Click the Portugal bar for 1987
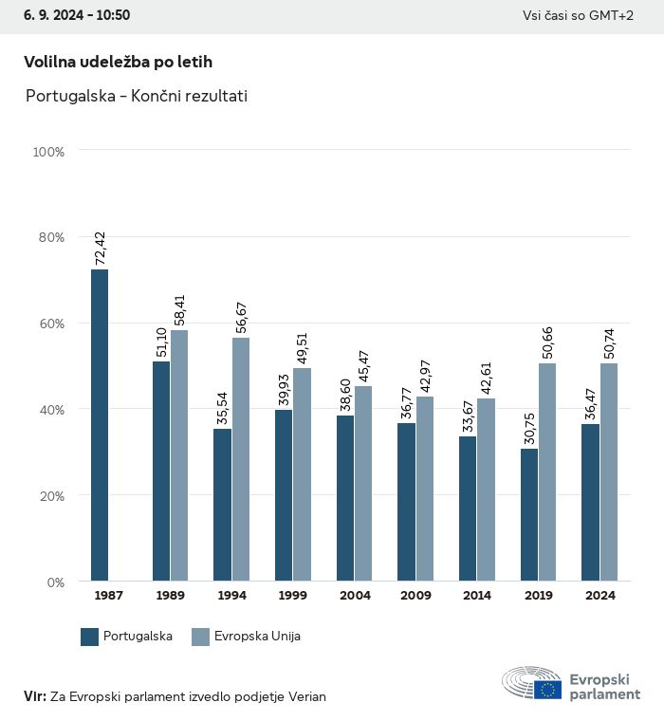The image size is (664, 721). tap(100, 425)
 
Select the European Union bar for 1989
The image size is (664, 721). tap(179, 455)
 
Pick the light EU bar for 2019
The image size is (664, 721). tap(547, 471)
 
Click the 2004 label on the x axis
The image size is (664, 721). tap(355, 596)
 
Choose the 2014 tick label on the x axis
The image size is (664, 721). tap(477, 596)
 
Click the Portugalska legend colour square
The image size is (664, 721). tap(90, 637)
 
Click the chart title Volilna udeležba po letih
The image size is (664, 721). tap(118, 62)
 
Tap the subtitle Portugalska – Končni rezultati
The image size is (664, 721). tap(137, 96)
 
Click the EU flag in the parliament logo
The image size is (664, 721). tap(547, 690)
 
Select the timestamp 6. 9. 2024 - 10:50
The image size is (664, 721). tap(77, 16)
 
